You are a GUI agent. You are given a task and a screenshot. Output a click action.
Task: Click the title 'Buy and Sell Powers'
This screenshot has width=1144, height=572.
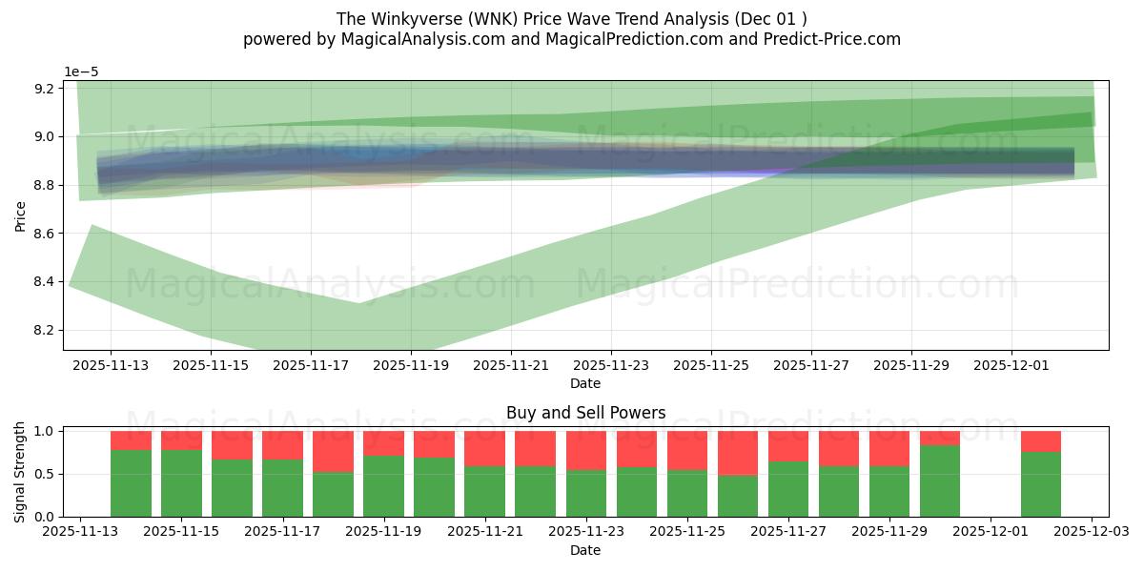pyautogui.click(x=585, y=413)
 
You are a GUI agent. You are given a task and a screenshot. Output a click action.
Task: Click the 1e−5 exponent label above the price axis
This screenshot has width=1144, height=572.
pyautogui.click(x=81, y=72)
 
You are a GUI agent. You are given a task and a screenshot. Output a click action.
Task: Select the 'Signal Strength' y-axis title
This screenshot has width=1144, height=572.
pyautogui.click(x=20, y=472)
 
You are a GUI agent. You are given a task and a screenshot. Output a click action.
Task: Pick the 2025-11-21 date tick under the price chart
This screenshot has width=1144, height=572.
pyautogui.click(x=511, y=364)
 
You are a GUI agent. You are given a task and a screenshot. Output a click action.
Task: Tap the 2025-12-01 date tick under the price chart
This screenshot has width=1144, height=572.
pyautogui.click(x=1011, y=364)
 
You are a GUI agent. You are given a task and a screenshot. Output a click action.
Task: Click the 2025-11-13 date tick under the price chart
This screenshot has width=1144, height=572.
pyautogui.click(x=111, y=364)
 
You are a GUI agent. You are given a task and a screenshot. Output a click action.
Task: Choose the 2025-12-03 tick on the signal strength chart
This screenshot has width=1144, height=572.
pyautogui.click(x=1091, y=531)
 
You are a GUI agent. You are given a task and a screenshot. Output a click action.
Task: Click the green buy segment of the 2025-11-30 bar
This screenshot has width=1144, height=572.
pyautogui.click(x=940, y=481)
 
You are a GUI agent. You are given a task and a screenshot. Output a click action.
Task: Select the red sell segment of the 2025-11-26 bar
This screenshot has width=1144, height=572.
pyautogui.click(x=738, y=453)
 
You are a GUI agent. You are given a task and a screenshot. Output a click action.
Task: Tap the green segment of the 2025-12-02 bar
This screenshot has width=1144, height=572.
pyautogui.click(x=1041, y=484)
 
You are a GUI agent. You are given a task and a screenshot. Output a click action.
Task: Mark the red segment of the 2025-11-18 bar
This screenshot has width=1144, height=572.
pyautogui.click(x=333, y=451)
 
